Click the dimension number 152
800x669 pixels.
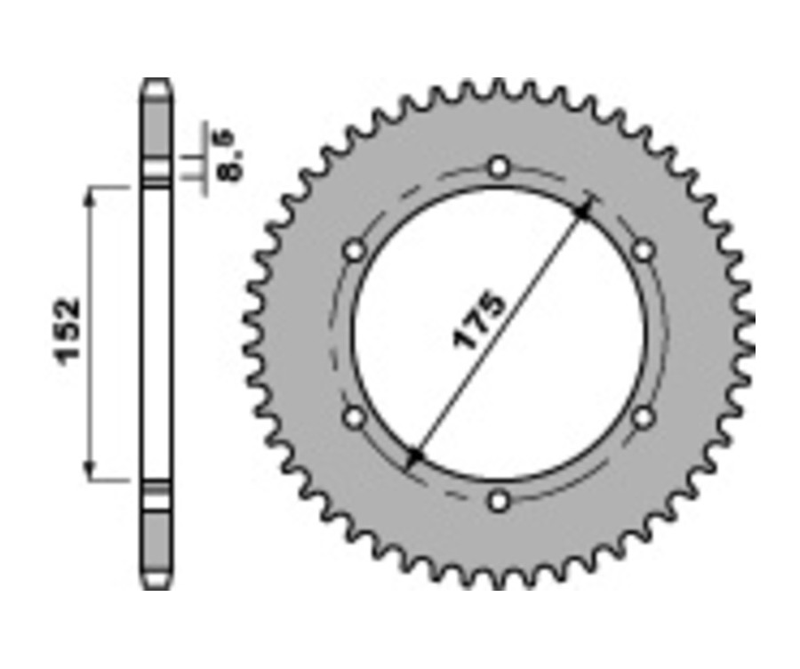tap(69, 330)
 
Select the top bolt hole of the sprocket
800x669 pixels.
tap(500, 166)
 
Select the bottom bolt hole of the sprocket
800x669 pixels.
tap(500, 502)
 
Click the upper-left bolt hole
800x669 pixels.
tap(355, 251)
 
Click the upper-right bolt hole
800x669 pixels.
tap(644, 251)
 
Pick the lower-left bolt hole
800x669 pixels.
tap(355, 416)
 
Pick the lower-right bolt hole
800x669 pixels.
tap(644, 416)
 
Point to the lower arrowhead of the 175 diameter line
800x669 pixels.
tap(415, 457)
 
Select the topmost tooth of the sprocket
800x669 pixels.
tap(500, 87)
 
